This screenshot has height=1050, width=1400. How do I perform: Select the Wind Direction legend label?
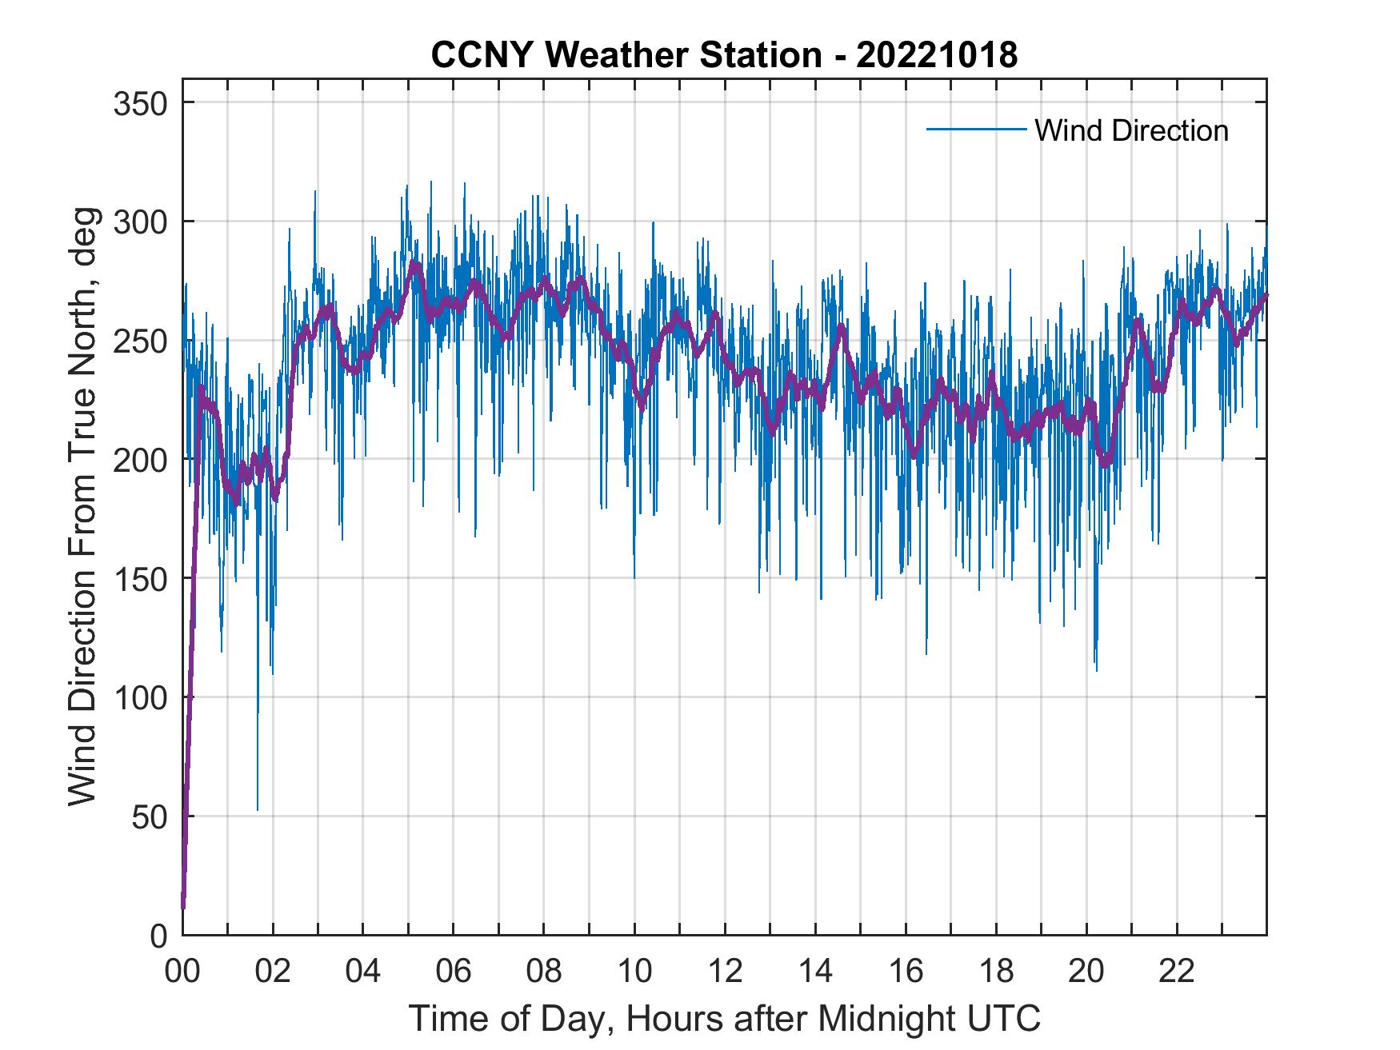click(1131, 130)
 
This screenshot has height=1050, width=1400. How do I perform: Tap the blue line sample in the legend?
click(975, 130)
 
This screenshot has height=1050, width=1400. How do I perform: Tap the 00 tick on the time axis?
click(182, 972)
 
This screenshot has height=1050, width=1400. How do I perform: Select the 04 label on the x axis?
click(363, 972)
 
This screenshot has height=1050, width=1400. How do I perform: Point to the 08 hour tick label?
click(544, 972)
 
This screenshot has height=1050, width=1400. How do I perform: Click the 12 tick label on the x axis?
click(725, 972)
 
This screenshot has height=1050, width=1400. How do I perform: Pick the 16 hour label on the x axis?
click(906, 972)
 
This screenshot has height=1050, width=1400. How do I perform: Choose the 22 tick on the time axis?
click(1177, 972)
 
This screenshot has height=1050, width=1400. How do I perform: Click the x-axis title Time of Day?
click(725, 1018)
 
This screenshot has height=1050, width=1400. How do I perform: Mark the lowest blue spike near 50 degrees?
click(258, 808)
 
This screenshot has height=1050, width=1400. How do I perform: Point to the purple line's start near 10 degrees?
click(183, 906)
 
